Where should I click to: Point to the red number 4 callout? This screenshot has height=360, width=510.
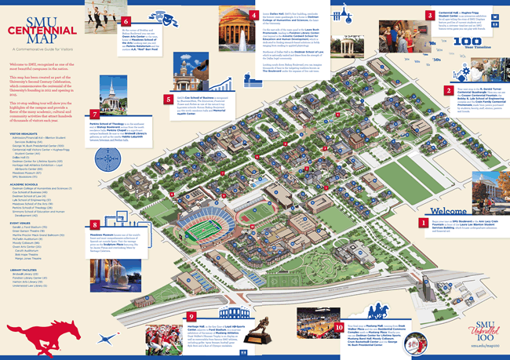(253, 16)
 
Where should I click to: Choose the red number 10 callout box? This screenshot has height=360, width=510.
(339, 306)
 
